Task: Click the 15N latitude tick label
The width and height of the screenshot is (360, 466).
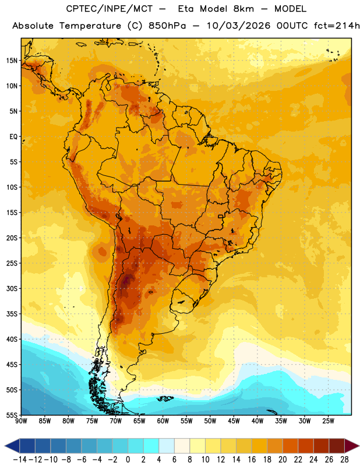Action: (12, 61)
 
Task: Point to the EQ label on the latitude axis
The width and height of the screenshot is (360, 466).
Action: (13, 137)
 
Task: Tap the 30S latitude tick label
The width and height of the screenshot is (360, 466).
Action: (12, 288)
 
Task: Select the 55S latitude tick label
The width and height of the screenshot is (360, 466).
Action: (12, 415)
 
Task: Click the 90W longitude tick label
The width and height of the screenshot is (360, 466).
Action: (21, 421)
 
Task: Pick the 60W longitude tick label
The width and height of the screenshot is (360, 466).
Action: (163, 421)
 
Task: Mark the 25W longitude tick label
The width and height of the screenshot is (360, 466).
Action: (329, 421)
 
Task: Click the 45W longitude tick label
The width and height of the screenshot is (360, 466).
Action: (234, 421)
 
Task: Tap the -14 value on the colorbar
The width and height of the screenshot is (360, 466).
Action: (20, 460)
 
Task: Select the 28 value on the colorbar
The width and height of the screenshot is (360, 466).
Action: (344, 460)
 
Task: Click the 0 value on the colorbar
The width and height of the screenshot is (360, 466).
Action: (128, 460)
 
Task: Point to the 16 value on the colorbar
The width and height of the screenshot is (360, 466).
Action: (252, 460)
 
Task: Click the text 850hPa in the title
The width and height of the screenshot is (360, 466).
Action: (167, 26)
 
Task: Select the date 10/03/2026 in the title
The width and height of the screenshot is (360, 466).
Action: (239, 26)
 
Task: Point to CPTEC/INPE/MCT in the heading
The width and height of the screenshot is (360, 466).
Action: (109, 9)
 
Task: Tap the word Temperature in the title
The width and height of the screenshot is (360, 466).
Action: (90, 26)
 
